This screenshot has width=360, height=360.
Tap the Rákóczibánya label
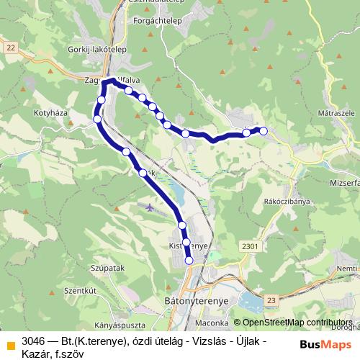pos(287,202)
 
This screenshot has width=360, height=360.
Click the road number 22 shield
pos(9,47)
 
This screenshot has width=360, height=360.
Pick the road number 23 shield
pos(270,299)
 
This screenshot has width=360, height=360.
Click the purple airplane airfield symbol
pos(149,207)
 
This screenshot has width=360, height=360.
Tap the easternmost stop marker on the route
pos(264,131)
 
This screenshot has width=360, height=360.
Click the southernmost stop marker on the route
pos(189,261)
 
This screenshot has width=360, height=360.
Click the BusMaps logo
pos(321,344)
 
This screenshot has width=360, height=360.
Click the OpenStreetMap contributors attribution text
pos(298,323)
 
